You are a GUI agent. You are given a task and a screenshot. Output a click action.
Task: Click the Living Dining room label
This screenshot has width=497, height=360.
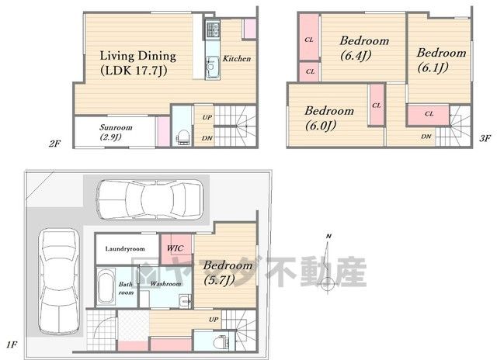tap(138, 64)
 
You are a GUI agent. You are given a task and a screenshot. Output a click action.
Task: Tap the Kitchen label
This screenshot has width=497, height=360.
tap(236, 58)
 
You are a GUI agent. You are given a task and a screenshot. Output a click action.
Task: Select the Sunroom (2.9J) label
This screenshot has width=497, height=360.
tap(116, 132)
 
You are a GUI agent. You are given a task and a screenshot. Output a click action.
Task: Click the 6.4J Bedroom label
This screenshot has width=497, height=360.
tap(364, 48)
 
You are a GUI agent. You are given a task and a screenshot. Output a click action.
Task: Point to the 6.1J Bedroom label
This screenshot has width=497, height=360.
tap(441, 60)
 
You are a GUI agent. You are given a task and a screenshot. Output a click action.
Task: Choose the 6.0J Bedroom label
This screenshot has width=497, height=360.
tap(329, 118)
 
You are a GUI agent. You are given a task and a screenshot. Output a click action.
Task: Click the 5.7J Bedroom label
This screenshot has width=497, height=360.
tap(228, 272)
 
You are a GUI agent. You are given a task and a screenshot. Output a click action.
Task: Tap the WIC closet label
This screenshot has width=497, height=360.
tap(176, 248)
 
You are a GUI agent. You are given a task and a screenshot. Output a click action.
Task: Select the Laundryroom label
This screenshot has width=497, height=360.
tap(125, 248)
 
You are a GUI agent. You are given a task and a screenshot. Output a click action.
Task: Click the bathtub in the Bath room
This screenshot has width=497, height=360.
tap(106, 286)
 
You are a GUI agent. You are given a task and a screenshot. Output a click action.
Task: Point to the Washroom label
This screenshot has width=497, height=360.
tap(165, 283)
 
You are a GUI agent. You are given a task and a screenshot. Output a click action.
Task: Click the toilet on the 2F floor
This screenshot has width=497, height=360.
tap(183, 139)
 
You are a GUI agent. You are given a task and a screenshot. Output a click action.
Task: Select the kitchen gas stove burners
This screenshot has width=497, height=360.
tap(212, 29)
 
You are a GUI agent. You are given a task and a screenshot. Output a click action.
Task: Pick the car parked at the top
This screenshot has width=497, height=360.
tap(149, 199)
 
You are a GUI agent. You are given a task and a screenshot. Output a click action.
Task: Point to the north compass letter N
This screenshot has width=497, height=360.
tap(328, 236)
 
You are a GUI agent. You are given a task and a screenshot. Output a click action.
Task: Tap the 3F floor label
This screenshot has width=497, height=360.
tap(485, 138)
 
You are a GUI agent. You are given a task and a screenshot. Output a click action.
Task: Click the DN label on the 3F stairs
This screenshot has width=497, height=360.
tap(426, 137)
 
